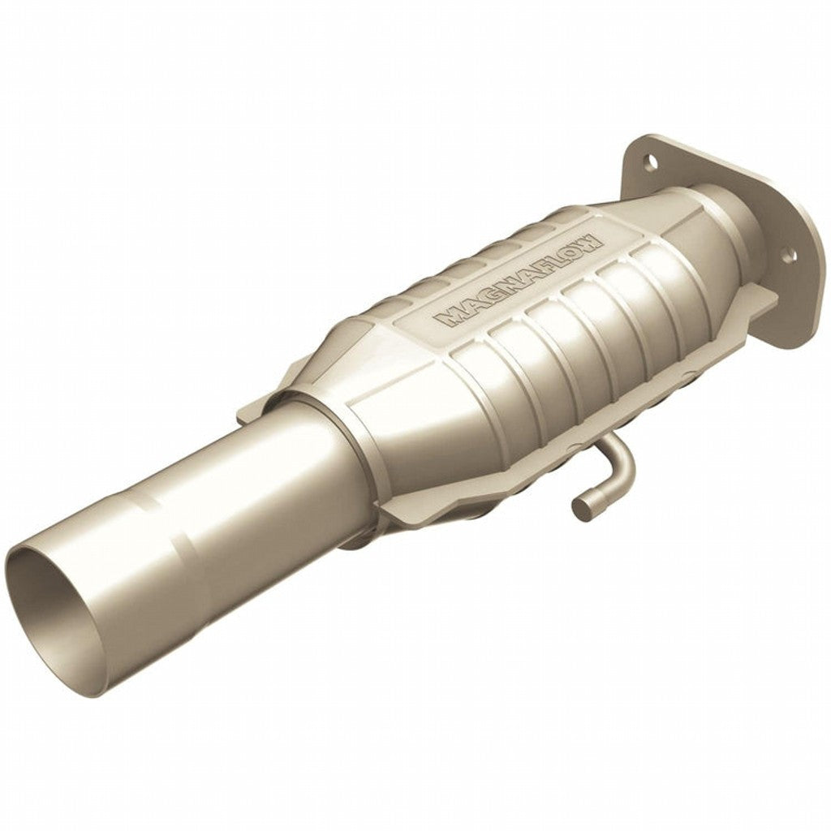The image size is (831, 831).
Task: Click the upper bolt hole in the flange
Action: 648,161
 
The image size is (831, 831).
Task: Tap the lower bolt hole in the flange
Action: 786,258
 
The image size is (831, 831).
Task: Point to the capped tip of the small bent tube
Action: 582,508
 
